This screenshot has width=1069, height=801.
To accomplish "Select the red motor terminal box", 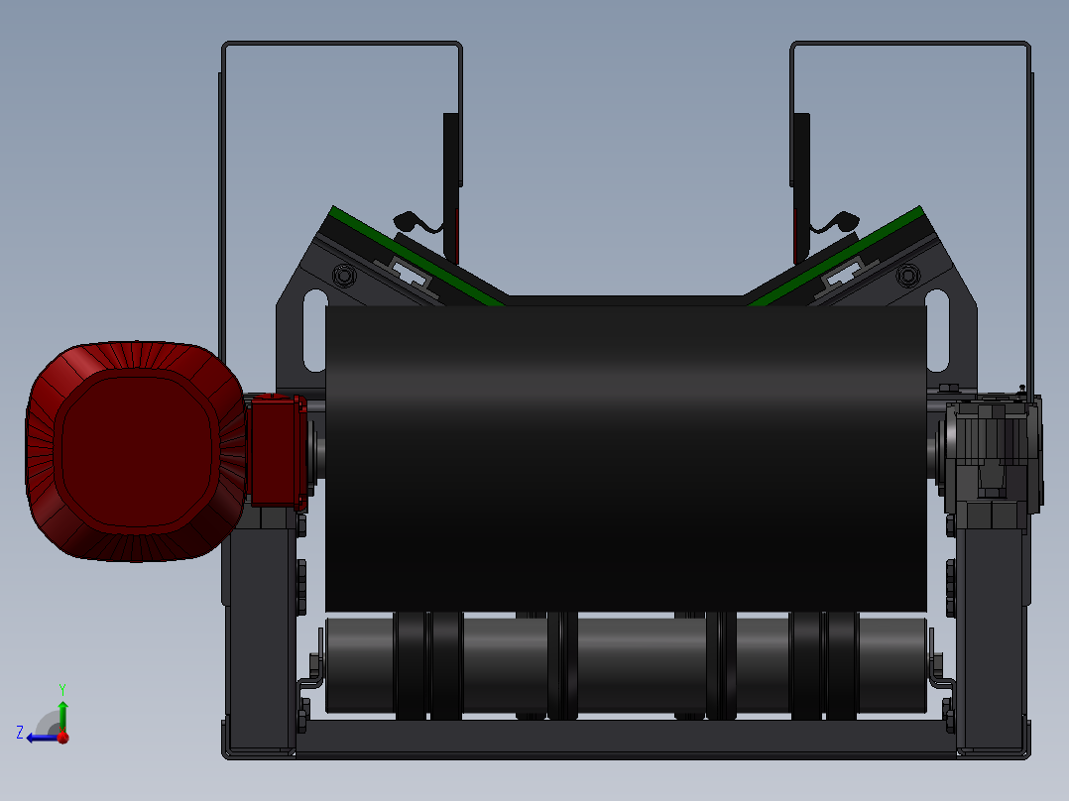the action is [277, 451].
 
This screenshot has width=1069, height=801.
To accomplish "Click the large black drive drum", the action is [626, 458].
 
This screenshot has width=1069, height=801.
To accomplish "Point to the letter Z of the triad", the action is [20, 733].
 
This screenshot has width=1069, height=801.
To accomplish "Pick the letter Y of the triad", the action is [62, 689].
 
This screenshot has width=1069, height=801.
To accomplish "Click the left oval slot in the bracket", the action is [315, 331].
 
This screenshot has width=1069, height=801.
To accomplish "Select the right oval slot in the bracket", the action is [937, 331].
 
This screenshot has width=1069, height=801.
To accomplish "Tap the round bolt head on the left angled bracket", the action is [344, 277].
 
